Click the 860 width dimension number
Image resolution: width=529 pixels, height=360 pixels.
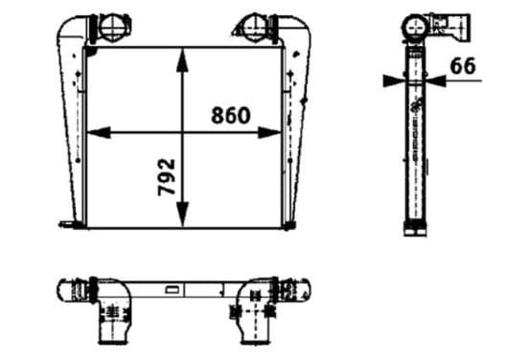pyautogui.click(x=231, y=115)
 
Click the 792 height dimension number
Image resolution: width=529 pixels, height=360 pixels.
pyautogui.click(x=167, y=177)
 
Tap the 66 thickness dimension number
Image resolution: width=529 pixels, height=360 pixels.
pyautogui.click(x=463, y=66)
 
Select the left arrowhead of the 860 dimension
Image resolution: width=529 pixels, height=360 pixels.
pyautogui.click(x=99, y=133)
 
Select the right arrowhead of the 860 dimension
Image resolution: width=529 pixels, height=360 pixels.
pyautogui.click(x=269, y=133)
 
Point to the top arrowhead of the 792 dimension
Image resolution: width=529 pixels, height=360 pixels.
pyautogui.click(x=182, y=60)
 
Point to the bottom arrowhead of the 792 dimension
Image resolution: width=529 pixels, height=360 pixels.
pyautogui.click(x=182, y=214)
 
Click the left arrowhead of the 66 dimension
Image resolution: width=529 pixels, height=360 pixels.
pyautogui.click(x=394, y=80)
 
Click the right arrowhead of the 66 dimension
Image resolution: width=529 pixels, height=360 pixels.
pyautogui.click(x=436, y=80)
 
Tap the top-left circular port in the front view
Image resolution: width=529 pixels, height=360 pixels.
pyautogui.click(x=113, y=27)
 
